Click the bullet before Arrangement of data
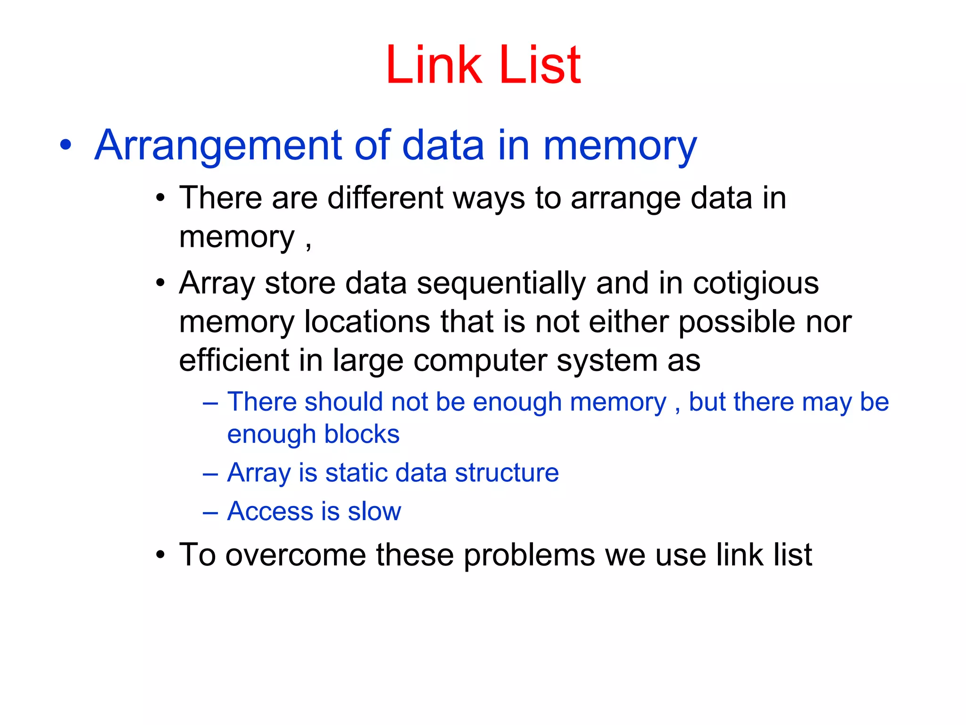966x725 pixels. (66, 145)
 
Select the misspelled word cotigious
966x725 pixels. (756, 284)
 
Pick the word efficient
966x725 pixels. (233, 361)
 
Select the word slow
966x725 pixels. (375, 511)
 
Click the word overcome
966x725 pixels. (296, 555)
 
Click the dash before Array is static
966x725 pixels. (210, 473)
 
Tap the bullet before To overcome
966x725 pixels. (160, 555)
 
